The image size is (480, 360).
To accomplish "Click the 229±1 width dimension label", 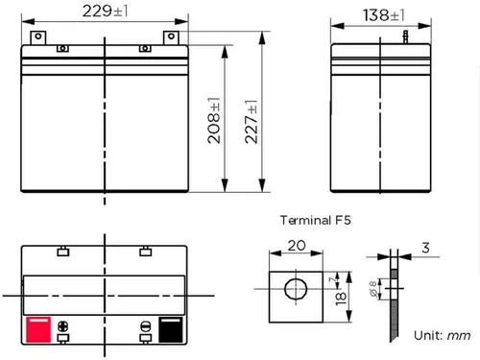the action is [x=106, y=12].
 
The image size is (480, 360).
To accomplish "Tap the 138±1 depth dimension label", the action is [x=384, y=15].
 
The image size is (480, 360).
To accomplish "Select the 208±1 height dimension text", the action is [x=214, y=120].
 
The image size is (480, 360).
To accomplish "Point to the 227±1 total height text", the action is [x=252, y=122].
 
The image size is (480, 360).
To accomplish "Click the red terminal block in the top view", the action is [x=38, y=329].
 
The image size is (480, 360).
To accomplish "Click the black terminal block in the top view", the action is [x=171, y=329].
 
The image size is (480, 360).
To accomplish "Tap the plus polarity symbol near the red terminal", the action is [x=63, y=326].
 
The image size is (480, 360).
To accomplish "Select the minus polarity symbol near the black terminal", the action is [x=146, y=326].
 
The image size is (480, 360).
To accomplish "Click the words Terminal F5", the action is [x=316, y=220].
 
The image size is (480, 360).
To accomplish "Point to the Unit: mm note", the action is [x=442, y=335].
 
